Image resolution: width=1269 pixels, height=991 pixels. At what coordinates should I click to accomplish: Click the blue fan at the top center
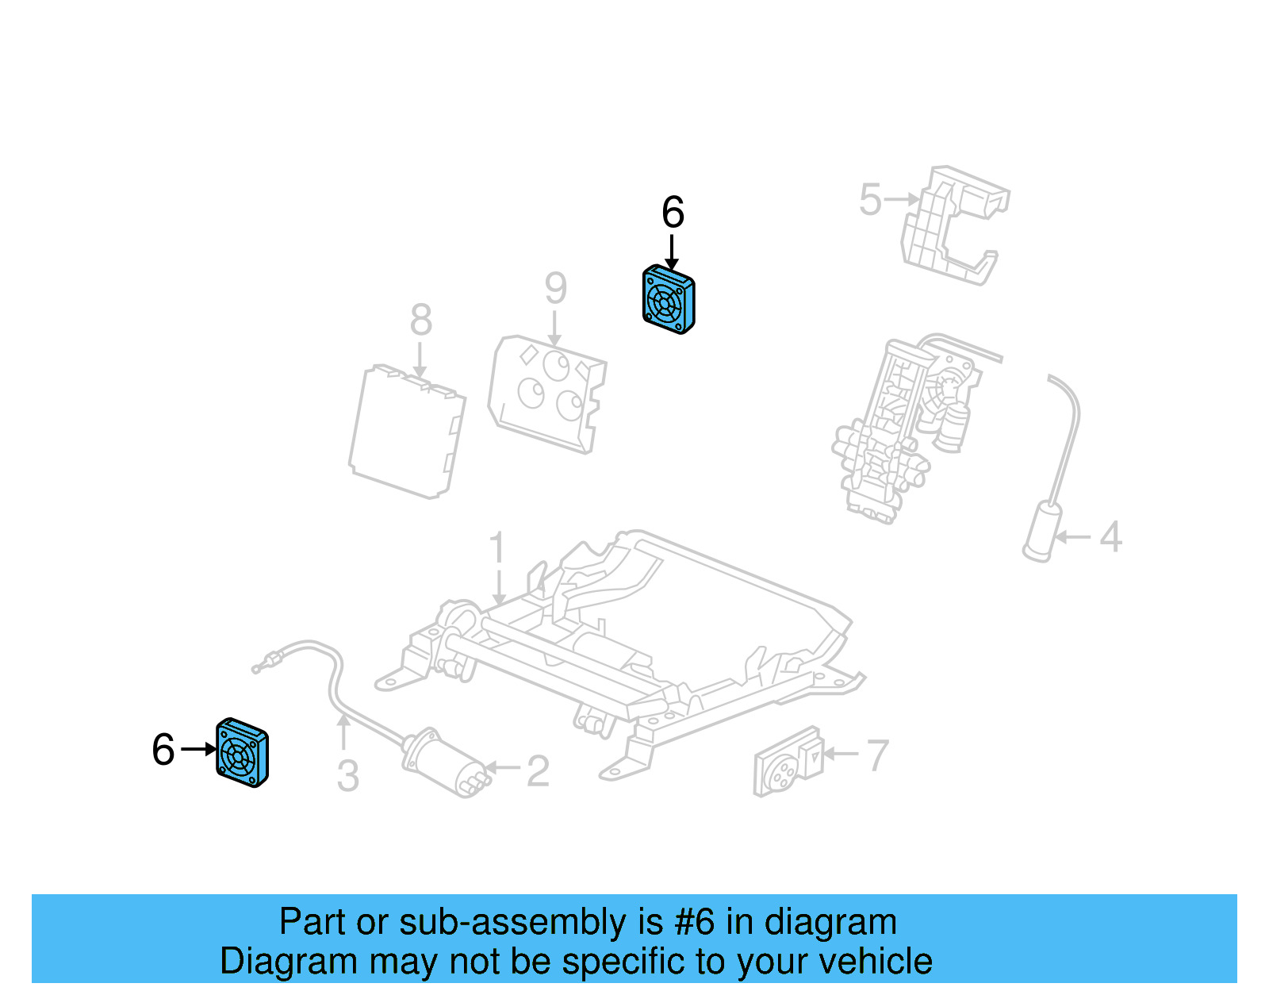click(x=669, y=300)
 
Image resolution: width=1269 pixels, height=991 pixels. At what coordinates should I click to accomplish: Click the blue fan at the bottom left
click(x=242, y=753)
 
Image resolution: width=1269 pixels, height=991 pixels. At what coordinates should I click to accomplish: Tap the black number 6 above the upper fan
click(x=673, y=213)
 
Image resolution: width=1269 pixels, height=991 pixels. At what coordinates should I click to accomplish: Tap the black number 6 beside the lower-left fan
click(x=163, y=750)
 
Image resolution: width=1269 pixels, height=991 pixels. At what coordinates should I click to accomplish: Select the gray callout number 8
click(x=420, y=320)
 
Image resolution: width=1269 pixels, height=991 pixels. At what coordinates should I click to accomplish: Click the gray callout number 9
click(x=555, y=288)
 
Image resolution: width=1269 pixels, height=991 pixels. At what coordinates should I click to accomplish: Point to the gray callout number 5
click(x=870, y=199)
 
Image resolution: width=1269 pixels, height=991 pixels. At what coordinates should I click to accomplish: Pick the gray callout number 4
click(x=1110, y=537)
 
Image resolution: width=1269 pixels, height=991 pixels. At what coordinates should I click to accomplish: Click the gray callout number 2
click(x=538, y=771)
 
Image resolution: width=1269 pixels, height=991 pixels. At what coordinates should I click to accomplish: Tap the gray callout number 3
click(x=347, y=776)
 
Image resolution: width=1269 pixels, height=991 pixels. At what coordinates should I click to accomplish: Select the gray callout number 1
click(x=497, y=548)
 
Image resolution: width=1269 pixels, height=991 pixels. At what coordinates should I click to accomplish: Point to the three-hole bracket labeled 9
click(x=547, y=393)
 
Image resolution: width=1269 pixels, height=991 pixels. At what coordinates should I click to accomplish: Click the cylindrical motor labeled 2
click(x=443, y=762)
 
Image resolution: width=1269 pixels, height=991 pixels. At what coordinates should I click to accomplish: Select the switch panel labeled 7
click(x=787, y=762)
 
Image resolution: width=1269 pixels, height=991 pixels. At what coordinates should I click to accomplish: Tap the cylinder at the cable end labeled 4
click(x=1042, y=532)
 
